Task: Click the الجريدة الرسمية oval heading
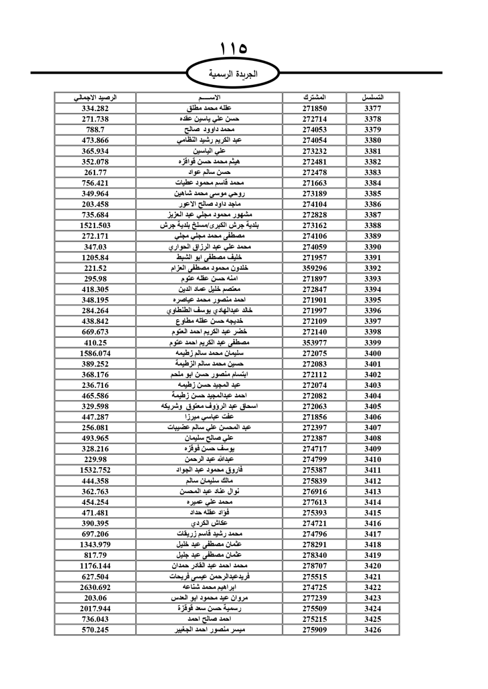point(233,74)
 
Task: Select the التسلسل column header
point(373,97)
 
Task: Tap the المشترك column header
point(314,97)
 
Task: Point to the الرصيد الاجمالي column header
point(95,97)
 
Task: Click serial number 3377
point(373,109)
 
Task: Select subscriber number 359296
point(314,268)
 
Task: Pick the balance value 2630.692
point(95,587)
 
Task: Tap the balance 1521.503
point(95,226)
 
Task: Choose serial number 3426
point(373,630)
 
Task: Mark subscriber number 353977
point(314,343)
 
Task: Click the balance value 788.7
point(95,130)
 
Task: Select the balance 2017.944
point(95,609)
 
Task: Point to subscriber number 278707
point(314,566)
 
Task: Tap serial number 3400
point(373,353)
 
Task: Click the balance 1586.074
point(95,353)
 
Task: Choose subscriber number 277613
point(314,502)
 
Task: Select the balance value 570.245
point(95,630)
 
